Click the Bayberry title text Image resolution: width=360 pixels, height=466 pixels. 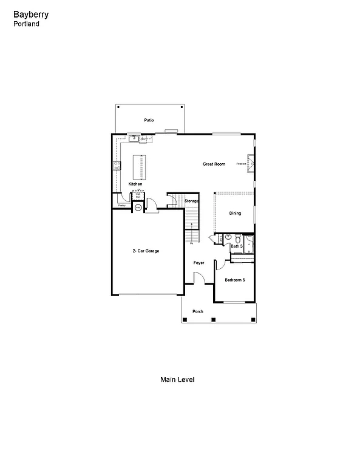tap(28, 14)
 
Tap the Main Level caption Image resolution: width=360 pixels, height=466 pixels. tap(177, 379)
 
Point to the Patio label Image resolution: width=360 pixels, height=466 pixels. tap(149, 120)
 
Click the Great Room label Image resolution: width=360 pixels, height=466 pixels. tap(214, 164)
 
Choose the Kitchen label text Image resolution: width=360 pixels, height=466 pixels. tap(135, 184)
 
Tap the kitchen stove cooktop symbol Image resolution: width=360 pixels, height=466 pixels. tap(116, 166)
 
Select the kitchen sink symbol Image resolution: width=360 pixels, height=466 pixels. tap(129, 138)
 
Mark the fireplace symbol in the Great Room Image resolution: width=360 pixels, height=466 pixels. tap(250, 163)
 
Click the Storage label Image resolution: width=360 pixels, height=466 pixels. tap(191, 201)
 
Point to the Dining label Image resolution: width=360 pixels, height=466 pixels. tap(235, 213)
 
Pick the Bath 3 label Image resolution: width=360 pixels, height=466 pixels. tap(236, 246)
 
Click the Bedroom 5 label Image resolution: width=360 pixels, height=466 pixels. tap(235, 280)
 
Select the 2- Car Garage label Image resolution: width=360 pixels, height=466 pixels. tap(146, 251)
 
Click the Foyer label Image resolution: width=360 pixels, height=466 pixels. tap(199, 263)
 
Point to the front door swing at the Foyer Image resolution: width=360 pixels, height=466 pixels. tap(198, 278)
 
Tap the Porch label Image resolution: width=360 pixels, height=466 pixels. tap(198, 311)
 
